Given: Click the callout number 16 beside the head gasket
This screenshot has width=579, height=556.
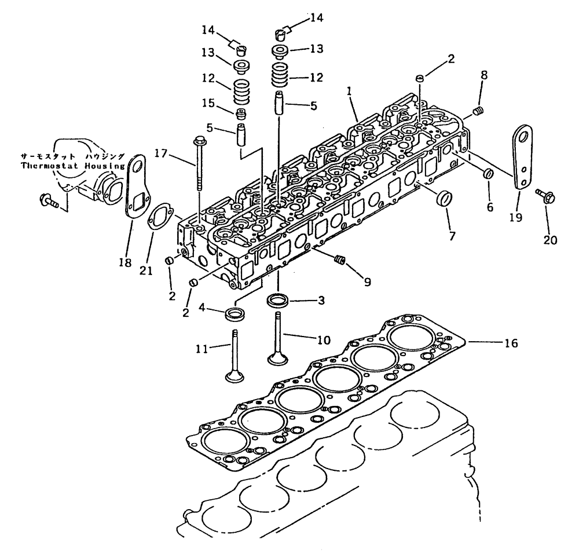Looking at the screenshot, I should (x=510, y=343).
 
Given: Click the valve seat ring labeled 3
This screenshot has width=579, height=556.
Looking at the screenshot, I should (x=278, y=301).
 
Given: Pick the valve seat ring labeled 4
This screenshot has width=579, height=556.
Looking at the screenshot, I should (x=236, y=315).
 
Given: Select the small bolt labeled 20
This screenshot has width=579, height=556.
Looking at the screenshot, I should (x=545, y=197).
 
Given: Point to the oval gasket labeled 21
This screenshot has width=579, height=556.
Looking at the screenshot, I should (x=157, y=217).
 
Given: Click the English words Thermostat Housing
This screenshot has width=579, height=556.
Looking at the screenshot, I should (x=72, y=165).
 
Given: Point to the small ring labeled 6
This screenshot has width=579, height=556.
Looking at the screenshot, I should (x=488, y=173).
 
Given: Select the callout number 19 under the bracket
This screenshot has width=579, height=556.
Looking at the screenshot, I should (x=515, y=218).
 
